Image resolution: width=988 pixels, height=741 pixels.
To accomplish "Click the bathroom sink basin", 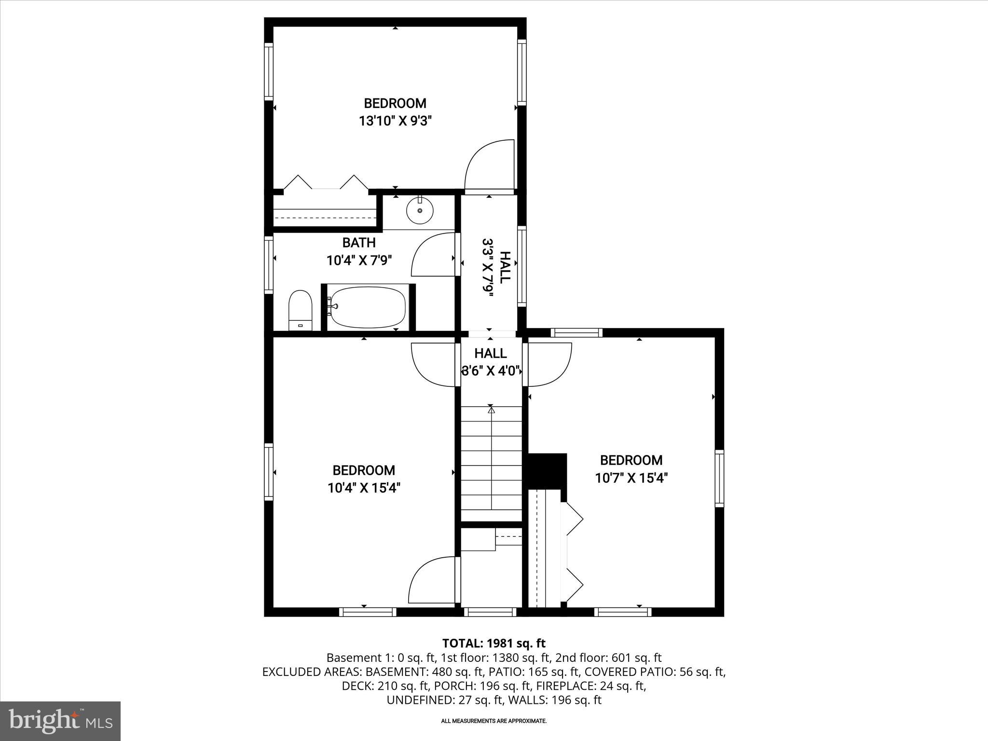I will [x=420, y=211].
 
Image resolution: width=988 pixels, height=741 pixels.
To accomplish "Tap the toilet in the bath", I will [x=301, y=310].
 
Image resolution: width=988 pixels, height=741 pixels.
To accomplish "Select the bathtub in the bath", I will [x=368, y=307].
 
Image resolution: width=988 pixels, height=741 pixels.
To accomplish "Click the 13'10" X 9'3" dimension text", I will [x=395, y=121].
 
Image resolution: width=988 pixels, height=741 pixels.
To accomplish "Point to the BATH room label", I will [x=359, y=242].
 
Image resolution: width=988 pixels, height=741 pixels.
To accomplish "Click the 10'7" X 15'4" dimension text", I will [x=631, y=478].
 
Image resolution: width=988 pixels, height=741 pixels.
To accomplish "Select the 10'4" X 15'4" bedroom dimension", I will [x=364, y=488].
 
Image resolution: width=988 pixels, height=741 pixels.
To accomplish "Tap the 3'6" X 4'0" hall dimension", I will [x=491, y=371].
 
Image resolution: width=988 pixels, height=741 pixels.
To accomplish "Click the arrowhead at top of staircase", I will [x=491, y=411].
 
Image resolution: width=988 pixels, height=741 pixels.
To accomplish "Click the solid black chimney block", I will [x=548, y=471].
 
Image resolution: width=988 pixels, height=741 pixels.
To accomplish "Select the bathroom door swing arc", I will [x=433, y=255].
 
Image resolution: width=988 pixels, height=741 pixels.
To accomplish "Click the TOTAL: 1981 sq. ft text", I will [x=494, y=643].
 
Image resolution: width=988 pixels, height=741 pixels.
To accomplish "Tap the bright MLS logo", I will [x=60, y=721].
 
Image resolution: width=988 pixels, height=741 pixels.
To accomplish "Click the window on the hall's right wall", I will [x=522, y=266].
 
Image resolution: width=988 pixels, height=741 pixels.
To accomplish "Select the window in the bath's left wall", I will [x=269, y=264].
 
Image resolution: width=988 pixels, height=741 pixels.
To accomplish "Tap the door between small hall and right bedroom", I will [x=549, y=365].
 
